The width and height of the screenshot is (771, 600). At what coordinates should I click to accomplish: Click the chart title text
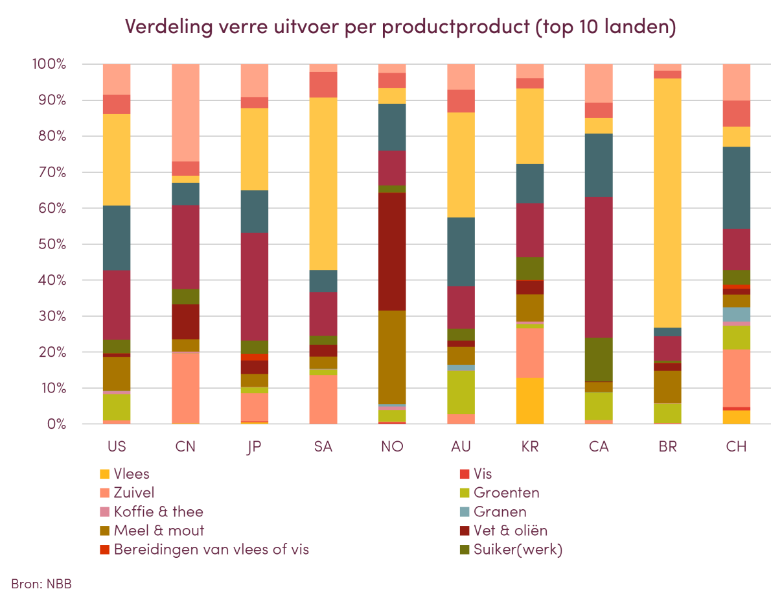click(x=400, y=27)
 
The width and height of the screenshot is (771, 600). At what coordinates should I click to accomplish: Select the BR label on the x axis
click(x=668, y=446)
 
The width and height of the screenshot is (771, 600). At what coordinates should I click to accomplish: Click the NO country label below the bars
click(x=392, y=446)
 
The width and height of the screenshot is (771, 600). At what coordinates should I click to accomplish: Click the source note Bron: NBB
click(x=41, y=583)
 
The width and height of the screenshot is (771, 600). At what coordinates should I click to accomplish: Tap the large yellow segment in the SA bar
click(x=323, y=184)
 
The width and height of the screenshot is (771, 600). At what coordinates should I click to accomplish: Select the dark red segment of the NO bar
click(x=392, y=252)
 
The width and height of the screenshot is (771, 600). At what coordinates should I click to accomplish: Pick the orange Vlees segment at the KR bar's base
click(x=530, y=401)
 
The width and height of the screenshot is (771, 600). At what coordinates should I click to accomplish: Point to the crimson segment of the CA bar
click(x=599, y=267)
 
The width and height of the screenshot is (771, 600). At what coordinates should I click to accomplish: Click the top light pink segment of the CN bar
click(x=185, y=112)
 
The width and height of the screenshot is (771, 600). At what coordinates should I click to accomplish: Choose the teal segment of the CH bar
click(x=737, y=188)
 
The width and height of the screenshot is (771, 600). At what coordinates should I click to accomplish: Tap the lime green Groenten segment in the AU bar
click(x=461, y=392)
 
